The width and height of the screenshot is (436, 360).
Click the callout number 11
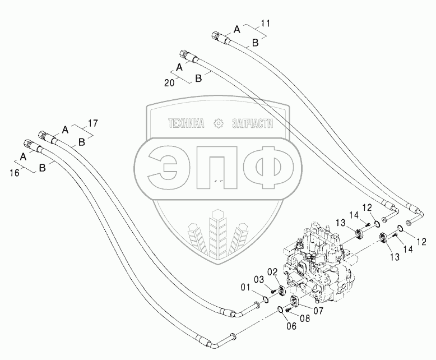pyautogui.click(x=266, y=24)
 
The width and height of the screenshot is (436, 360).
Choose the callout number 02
pyautogui.click(x=273, y=271)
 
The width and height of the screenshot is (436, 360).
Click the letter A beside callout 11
pyautogui.click(x=237, y=28)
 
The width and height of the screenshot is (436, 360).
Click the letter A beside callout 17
pyautogui.click(x=65, y=130)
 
